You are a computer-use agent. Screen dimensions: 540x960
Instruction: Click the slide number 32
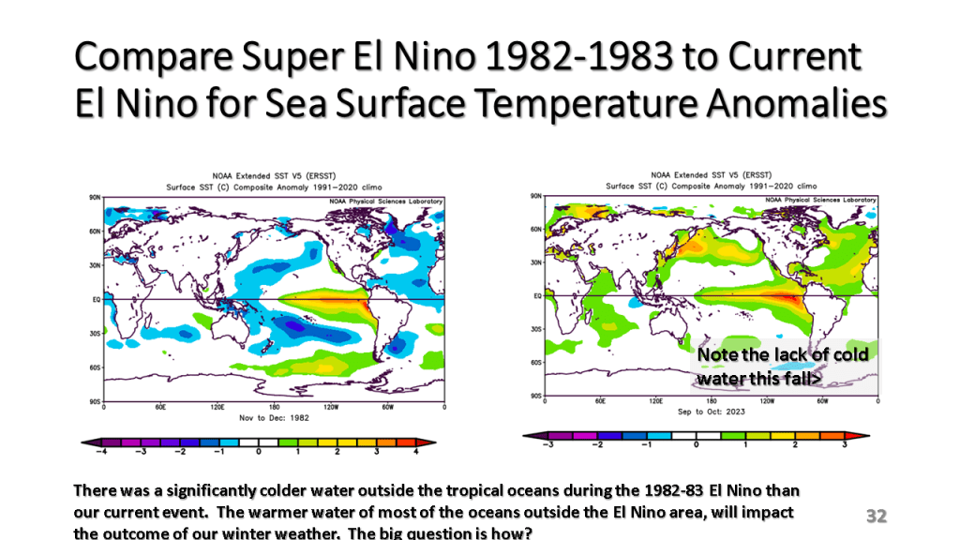[877, 516]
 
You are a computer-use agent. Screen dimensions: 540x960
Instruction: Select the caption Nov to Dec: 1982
[273, 416]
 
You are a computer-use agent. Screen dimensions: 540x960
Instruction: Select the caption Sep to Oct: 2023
[710, 412]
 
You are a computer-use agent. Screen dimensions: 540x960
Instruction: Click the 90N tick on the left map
[95, 198]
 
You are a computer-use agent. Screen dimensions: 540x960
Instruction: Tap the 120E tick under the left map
[217, 408]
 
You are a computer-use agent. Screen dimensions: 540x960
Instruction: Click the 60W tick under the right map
[822, 400]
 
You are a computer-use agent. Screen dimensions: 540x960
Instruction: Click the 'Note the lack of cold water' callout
[784, 366]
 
